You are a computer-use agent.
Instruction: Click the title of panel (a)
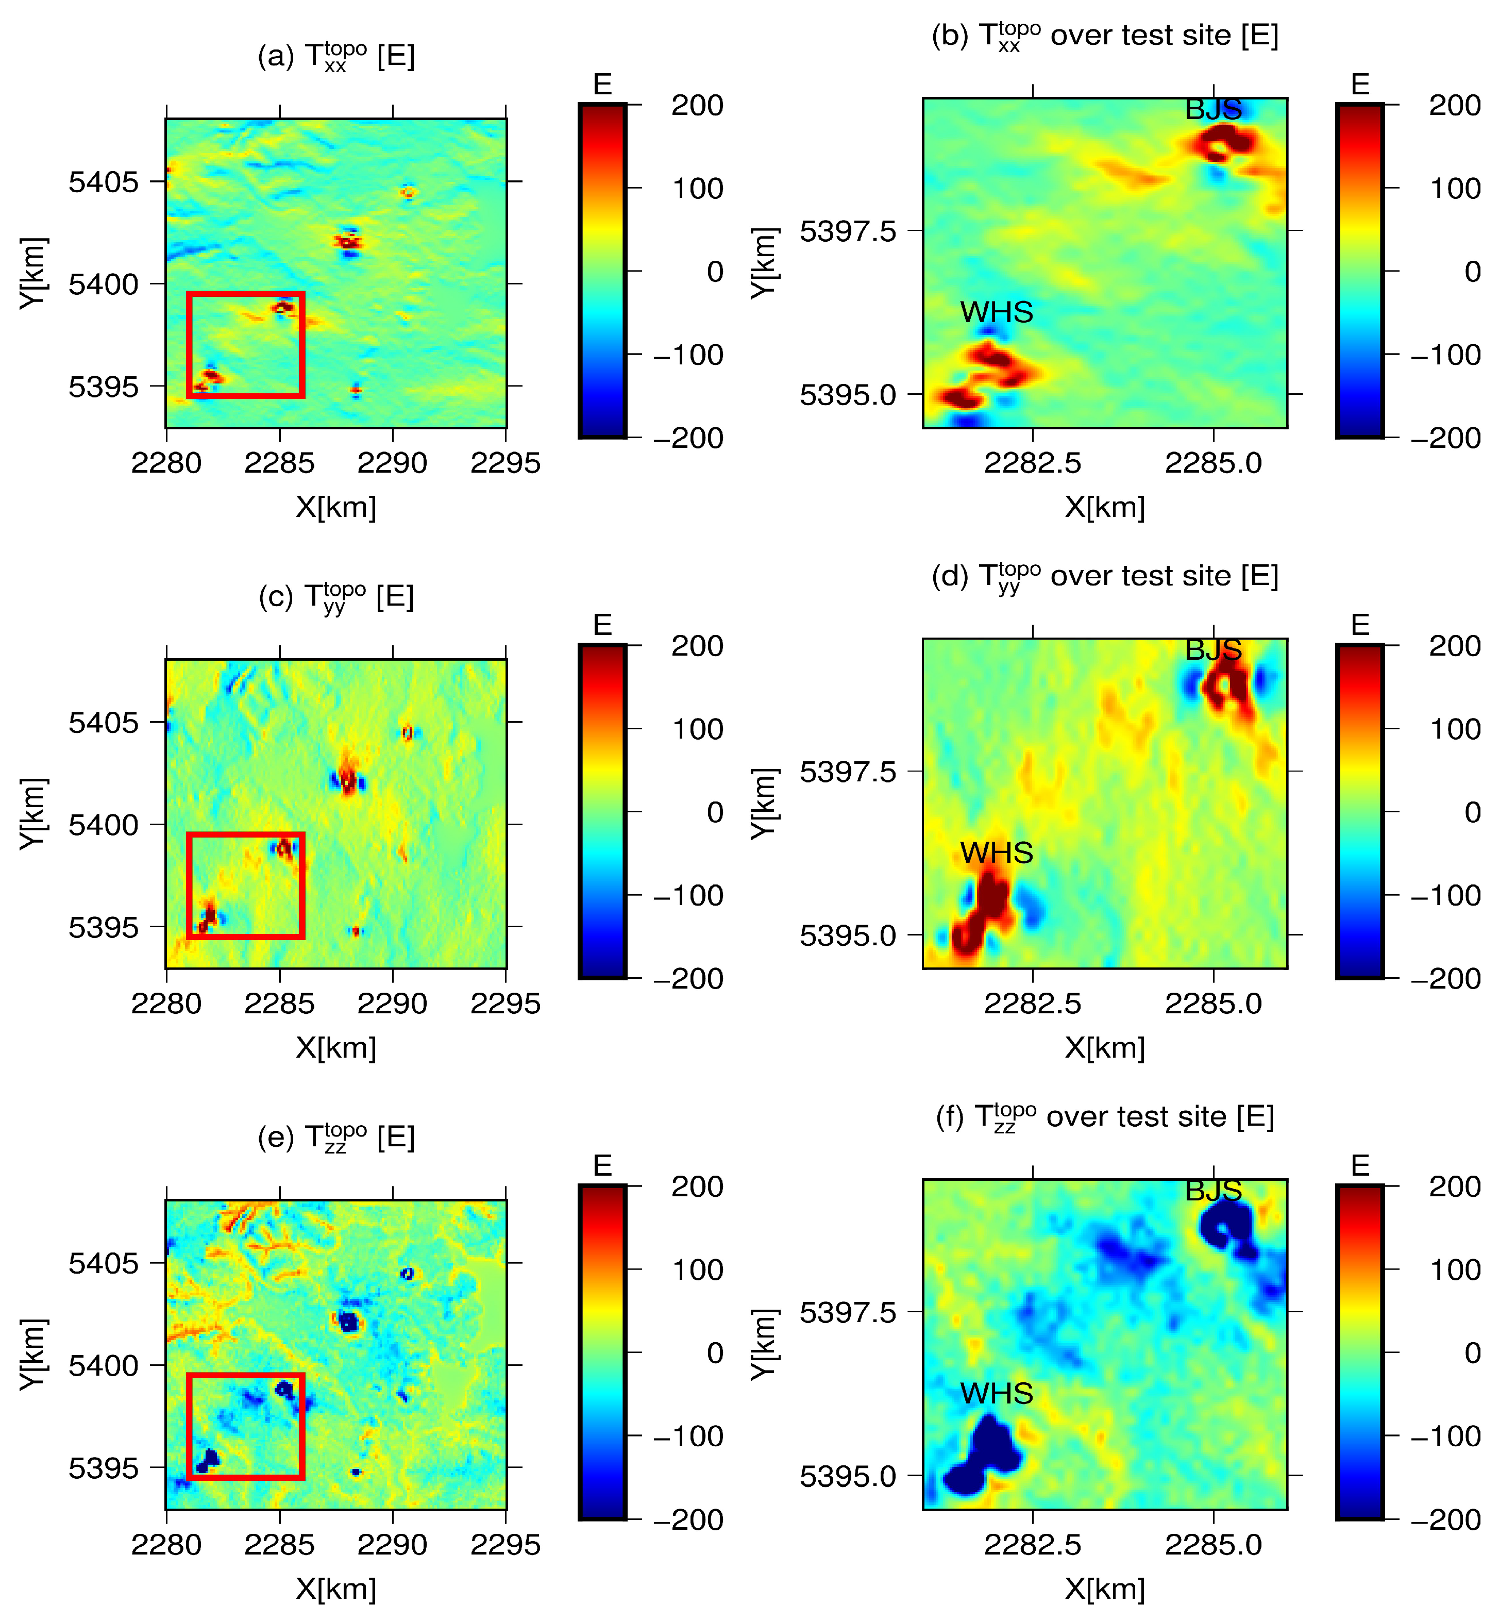[336, 56]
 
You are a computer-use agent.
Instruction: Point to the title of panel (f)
[1105, 1116]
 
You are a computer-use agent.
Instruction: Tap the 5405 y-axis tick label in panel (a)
[104, 182]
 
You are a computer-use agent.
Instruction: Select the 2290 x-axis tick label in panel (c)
[393, 1004]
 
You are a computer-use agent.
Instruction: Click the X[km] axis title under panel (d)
[1105, 1047]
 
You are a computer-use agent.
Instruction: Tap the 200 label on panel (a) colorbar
[697, 106]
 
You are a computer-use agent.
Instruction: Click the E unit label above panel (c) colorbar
[602, 625]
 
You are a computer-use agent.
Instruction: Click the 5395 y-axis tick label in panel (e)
[104, 1468]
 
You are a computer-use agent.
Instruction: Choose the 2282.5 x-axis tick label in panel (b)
[1033, 463]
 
